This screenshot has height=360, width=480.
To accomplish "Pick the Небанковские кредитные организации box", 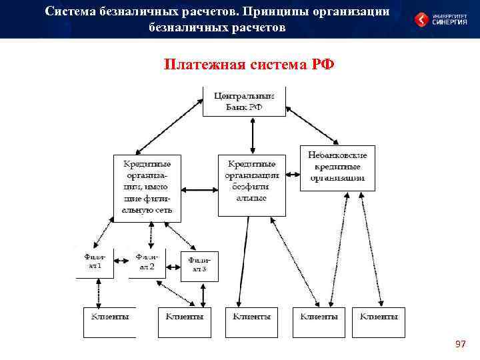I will tap(337, 167).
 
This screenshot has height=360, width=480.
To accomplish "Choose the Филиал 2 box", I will tap(147, 262).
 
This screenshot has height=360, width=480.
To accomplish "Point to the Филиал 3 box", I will tap(199, 265).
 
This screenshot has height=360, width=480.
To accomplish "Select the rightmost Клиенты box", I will tap(379, 322).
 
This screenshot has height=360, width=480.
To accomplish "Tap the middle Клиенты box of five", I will tap(251, 322).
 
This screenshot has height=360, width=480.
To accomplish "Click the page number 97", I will tap(460, 344).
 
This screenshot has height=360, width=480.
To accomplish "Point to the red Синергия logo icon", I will tap(421, 20).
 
